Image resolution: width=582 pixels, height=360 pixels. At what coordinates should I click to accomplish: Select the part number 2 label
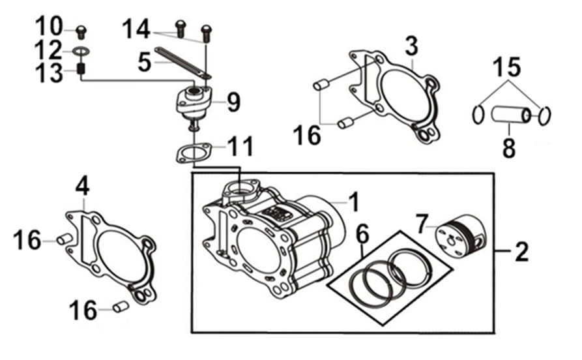[x=521, y=252]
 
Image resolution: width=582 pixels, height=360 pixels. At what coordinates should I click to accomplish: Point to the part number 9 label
[x=233, y=102]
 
